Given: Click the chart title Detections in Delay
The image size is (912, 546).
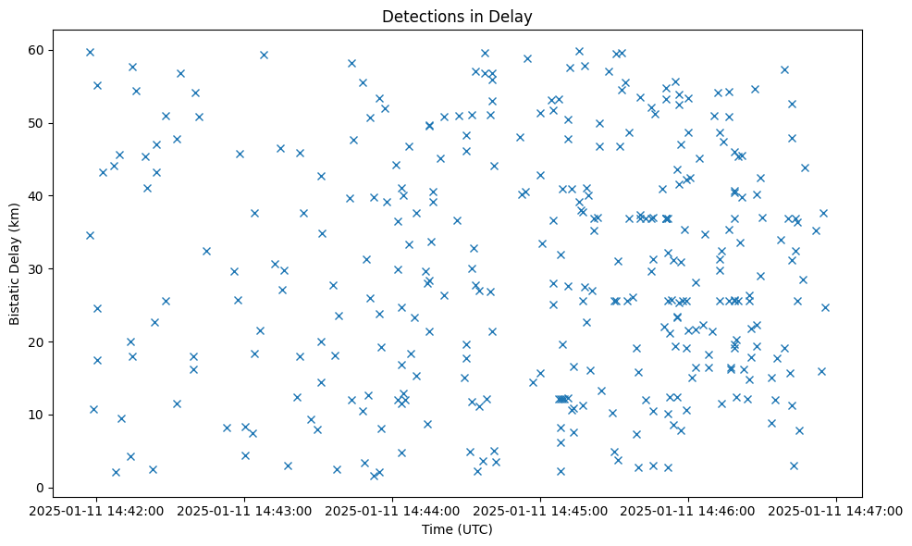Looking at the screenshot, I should coord(457,16).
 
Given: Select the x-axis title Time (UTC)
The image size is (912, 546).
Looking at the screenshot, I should coord(457,529).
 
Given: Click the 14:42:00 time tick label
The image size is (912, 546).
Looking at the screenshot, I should coord(97,510).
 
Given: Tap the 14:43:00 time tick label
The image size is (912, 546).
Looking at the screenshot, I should coord(245,510).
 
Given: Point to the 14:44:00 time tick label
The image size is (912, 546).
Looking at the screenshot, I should coord(393,510).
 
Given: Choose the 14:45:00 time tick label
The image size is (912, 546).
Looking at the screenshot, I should coord(541,510).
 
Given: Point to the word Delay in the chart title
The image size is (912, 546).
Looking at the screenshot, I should coord(514,16).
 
